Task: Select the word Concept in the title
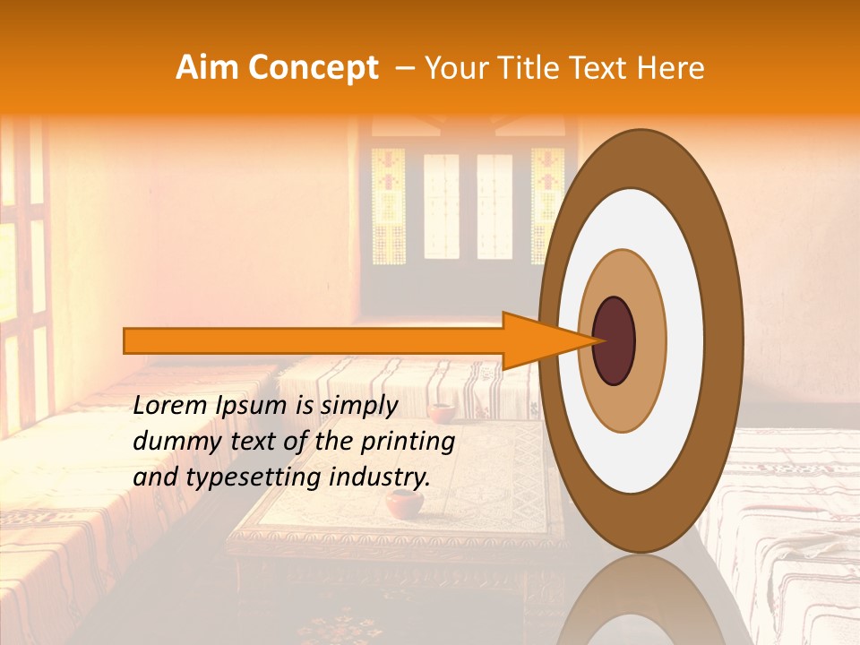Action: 314,69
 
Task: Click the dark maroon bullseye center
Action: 614,340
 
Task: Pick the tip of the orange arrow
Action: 598,340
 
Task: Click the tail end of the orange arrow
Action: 126,340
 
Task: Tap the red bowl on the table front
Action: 405,503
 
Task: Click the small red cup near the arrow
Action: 440,412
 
